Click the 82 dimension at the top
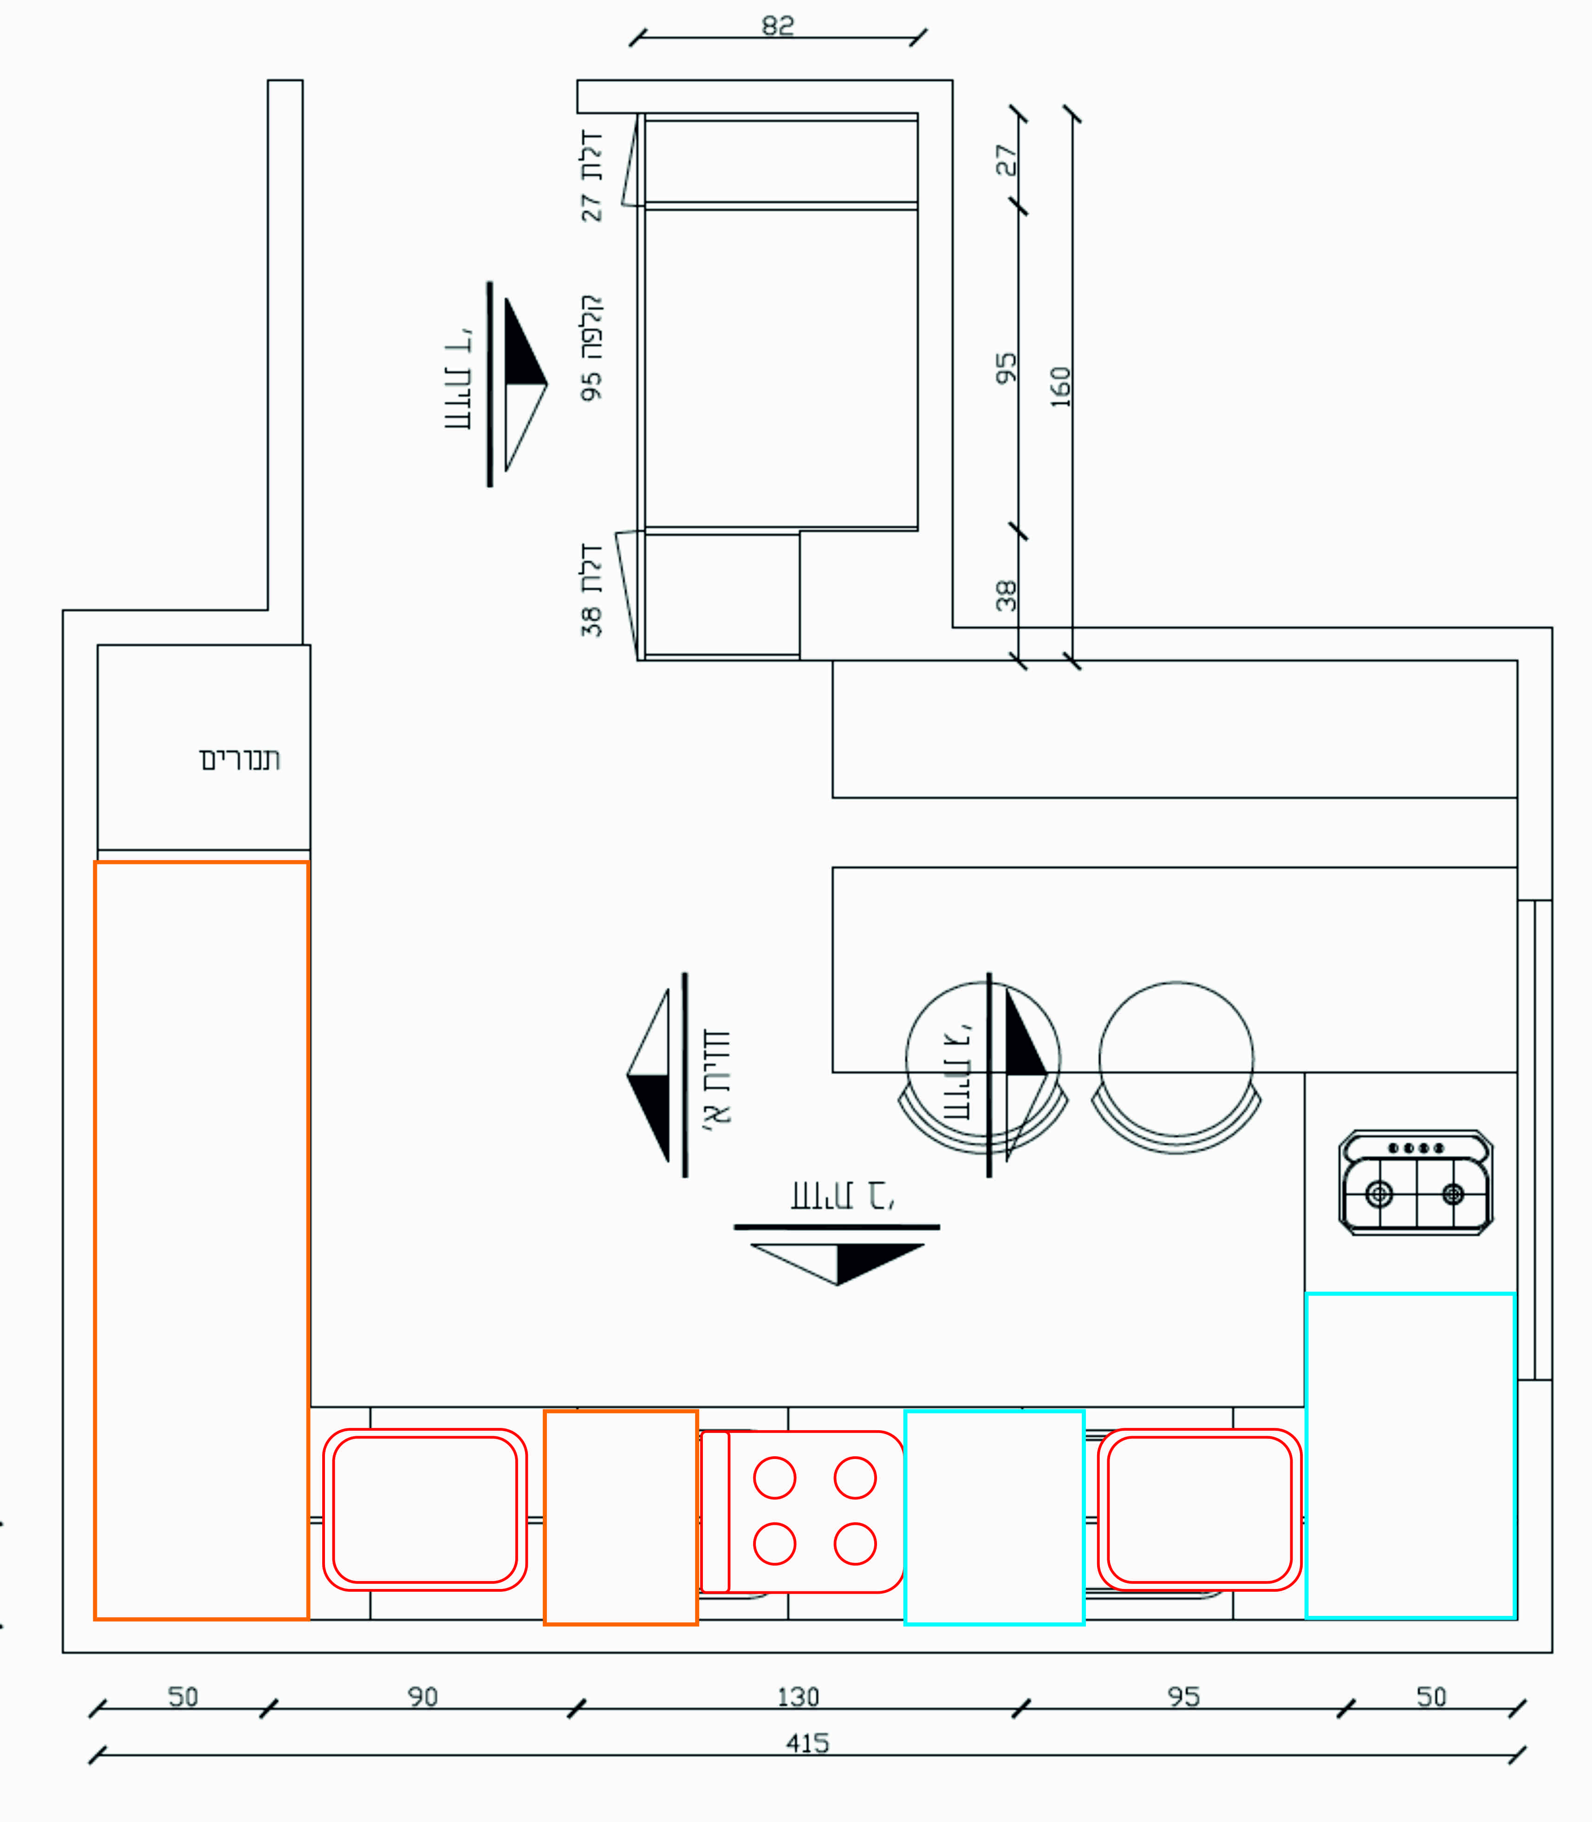click(x=777, y=26)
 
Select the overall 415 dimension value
click(x=806, y=1743)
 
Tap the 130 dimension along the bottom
click(x=798, y=1697)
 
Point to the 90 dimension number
click(x=423, y=1697)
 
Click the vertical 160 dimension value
click(x=1061, y=386)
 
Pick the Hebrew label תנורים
click(x=240, y=759)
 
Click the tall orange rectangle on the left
click(x=201, y=1239)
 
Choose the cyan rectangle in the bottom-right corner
click(x=1410, y=1455)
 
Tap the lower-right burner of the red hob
click(x=855, y=1544)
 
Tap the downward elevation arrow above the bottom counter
click(x=838, y=1261)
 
